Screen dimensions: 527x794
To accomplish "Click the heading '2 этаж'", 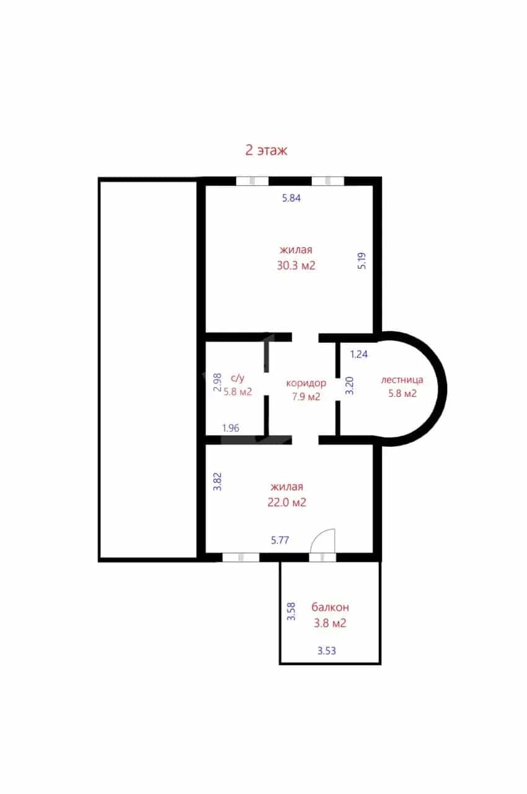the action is [266, 150].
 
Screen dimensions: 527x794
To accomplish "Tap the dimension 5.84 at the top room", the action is [291, 198].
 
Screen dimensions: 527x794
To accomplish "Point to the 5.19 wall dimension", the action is [361, 261].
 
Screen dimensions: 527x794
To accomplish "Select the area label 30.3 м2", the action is [296, 265].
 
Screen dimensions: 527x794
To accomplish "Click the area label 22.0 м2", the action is [287, 502].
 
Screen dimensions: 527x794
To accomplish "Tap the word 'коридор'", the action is [306, 383].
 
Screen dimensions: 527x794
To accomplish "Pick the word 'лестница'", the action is [402, 380].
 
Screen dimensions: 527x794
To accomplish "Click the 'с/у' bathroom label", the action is [237, 378].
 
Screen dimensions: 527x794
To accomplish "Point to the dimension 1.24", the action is [359, 354].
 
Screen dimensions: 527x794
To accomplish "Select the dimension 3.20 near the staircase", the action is [350, 386].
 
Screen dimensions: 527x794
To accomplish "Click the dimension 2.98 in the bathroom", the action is [218, 381].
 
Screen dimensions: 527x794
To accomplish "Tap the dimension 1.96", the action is [231, 428].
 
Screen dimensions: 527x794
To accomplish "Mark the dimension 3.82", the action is [217, 481].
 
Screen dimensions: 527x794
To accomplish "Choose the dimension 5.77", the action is [280, 540].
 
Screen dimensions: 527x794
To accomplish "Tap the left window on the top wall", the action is [252, 181].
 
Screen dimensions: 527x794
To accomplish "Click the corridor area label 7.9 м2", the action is [306, 396].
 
